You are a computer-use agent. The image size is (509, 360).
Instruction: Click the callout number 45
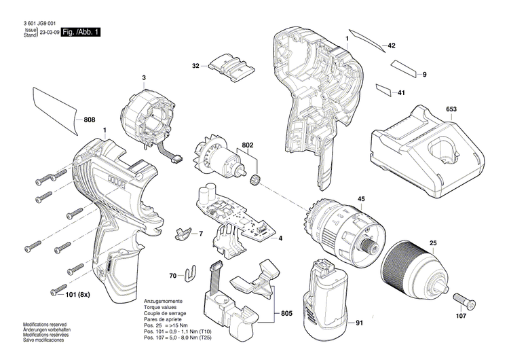click(x=362, y=199)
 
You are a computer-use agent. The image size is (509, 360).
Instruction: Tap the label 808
click(x=90, y=120)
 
